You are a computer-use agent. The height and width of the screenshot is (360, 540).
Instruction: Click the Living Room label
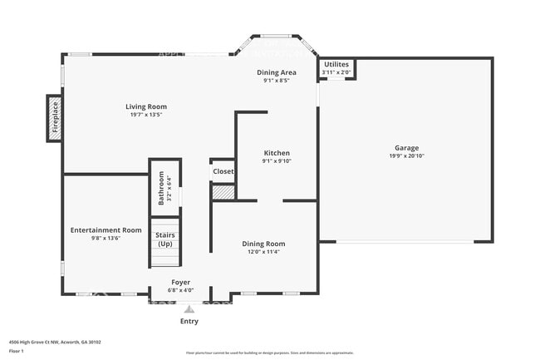[x=146, y=106]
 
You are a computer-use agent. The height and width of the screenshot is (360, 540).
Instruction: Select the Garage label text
[x=406, y=148]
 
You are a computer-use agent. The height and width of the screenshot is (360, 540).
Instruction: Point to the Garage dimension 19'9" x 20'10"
[x=406, y=156]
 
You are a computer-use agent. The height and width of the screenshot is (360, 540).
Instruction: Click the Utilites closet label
[x=336, y=64]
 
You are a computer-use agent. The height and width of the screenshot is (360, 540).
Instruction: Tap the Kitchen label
[x=277, y=153]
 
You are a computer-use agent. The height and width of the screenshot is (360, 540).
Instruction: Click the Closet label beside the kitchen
[x=223, y=171]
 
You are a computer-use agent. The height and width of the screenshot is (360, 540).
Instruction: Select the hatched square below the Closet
[x=223, y=192]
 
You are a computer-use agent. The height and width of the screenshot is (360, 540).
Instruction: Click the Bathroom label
[x=161, y=188]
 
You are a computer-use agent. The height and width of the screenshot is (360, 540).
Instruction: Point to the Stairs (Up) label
[x=164, y=239]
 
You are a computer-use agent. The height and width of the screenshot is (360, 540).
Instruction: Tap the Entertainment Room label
[x=106, y=229]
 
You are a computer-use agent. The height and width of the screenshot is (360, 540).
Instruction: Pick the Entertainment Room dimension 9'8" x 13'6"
[x=106, y=238]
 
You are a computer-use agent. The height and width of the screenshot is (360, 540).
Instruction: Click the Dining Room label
[x=263, y=244]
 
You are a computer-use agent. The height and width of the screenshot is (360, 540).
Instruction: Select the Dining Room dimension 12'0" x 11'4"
[x=263, y=252]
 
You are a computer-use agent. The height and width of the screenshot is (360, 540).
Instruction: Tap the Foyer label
[x=181, y=283]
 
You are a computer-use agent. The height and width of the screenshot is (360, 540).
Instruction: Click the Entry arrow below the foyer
[x=189, y=308]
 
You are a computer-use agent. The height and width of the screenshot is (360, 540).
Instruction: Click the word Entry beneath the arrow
[x=189, y=321]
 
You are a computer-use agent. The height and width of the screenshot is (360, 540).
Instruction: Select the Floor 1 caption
[x=17, y=351]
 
